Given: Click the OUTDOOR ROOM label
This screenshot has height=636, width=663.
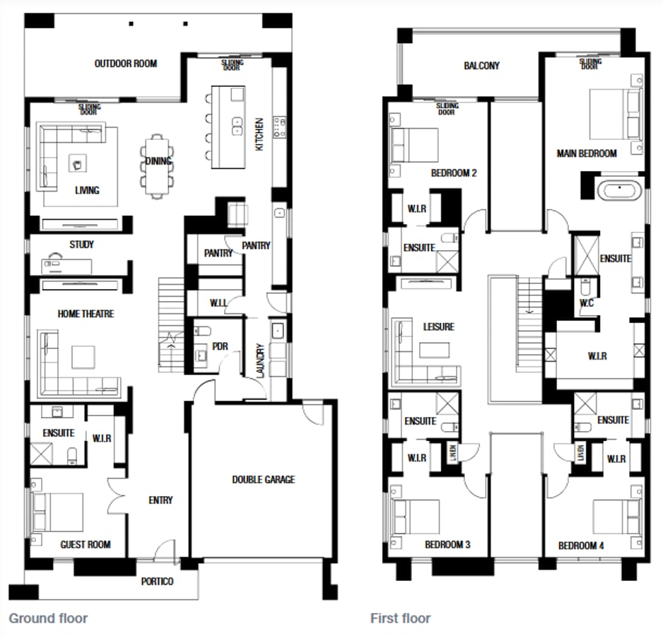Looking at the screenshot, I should point(126,64).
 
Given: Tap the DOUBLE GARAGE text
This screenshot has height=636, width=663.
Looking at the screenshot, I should point(263,480).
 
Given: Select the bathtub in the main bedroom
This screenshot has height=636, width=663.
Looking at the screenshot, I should point(620,189).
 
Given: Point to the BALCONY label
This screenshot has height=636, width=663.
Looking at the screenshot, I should point(481,66).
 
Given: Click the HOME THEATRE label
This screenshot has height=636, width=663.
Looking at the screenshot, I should point(86,314).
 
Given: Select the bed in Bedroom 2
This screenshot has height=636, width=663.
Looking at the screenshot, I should point(414,144).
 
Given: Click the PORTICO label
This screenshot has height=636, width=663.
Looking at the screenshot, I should point(157,582).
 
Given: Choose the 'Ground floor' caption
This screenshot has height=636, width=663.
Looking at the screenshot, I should point(48,618).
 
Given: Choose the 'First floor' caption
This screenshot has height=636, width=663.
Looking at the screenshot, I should point(400,618).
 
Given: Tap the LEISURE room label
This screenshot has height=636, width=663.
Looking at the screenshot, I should point(439,327).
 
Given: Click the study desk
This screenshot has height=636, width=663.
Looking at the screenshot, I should point(67,265).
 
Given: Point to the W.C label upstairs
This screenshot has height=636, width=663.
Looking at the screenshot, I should point(586,303).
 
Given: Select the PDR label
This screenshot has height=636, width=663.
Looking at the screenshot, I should point(220,346).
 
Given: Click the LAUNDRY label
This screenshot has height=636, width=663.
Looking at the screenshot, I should point(260,360).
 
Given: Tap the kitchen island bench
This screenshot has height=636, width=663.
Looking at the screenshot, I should point(228,127).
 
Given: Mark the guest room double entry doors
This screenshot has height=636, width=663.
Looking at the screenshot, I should point(117,497).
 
